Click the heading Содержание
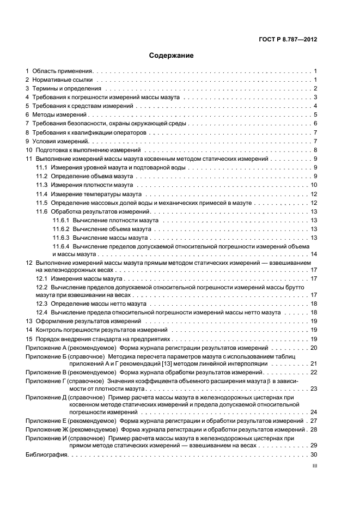tap(172, 56)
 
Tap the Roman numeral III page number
tap(314, 466)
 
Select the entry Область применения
tap(63, 71)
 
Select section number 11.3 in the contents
tap(42, 185)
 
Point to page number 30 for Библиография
tap(314, 455)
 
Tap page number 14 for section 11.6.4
tap(314, 254)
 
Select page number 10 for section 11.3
tap(314, 185)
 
